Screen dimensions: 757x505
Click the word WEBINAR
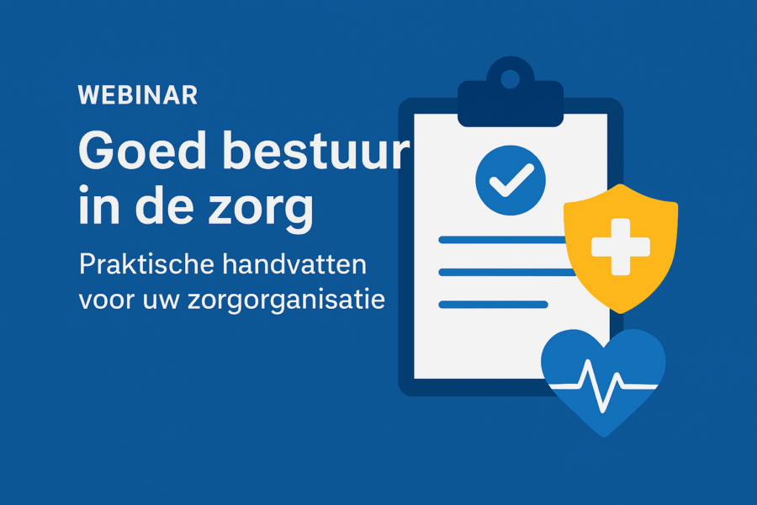138,95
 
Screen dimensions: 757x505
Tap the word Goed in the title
142,150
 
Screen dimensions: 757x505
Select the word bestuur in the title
315,150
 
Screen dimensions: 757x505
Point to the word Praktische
146,264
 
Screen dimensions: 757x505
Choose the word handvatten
294,264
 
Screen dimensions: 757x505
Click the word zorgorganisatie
287,300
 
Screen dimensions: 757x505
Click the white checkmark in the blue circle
511,180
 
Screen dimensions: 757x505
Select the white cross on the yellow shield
621,247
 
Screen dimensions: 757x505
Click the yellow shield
621,248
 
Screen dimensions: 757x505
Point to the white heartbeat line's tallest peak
588,361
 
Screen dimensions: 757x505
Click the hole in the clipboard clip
511,79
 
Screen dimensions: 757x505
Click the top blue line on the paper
502,240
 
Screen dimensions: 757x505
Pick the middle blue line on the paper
507,272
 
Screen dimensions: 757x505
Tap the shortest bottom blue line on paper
493,305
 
